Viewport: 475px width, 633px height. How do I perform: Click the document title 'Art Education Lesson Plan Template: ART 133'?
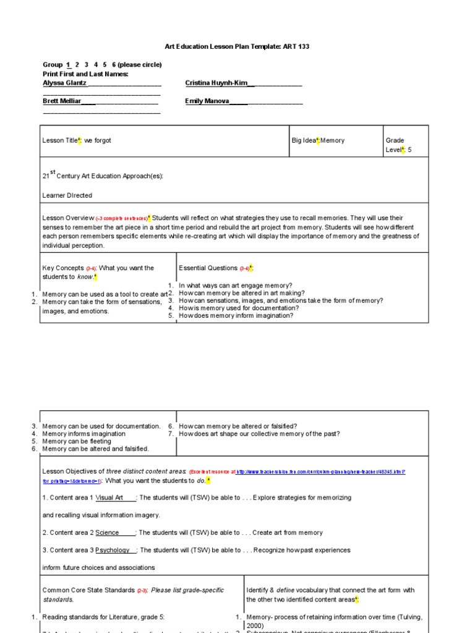click(237, 46)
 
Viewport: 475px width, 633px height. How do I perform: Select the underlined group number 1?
click(68, 65)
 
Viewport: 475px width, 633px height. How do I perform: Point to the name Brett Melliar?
click(62, 101)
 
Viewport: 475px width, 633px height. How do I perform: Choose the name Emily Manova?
click(207, 101)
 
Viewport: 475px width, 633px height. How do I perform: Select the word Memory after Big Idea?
click(332, 141)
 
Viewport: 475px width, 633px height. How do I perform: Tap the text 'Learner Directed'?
click(67, 195)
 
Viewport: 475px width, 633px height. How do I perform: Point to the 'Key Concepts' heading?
click(62, 268)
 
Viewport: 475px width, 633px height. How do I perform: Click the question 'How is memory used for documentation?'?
click(239, 308)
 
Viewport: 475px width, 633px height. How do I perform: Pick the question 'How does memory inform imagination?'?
click(236, 315)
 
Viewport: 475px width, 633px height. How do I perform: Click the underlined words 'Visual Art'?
click(109, 498)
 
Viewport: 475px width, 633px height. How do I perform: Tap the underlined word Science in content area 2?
click(107, 533)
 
